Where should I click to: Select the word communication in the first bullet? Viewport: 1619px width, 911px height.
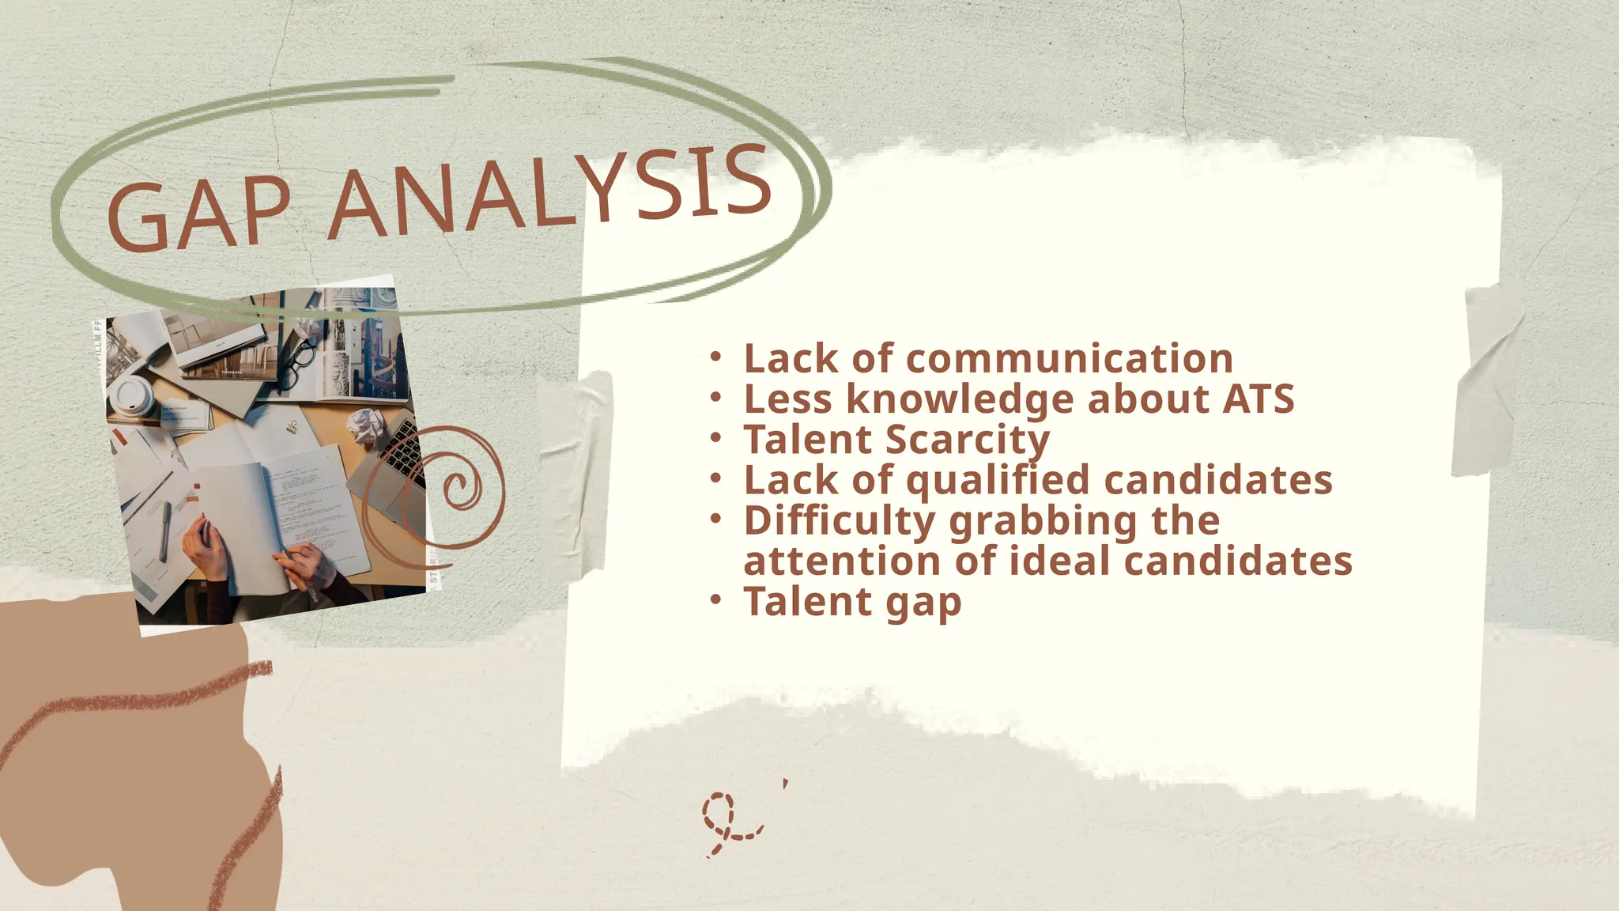pyautogui.click(x=1069, y=359)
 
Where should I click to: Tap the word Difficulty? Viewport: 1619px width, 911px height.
pyautogui.click(x=840, y=521)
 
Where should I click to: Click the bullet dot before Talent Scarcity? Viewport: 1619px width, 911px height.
pyautogui.click(x=715, y=437)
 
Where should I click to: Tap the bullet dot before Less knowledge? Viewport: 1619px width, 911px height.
pyautogui.click(x=715, y=397)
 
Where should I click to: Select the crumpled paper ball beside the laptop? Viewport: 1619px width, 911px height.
pyautogui.click(x=367, y=427)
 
